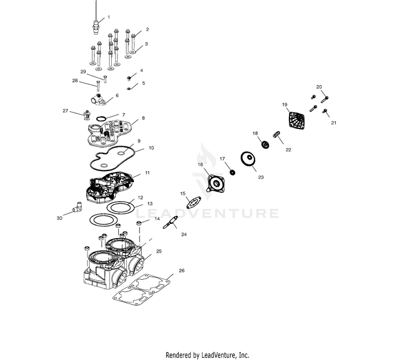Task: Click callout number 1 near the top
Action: coord(108,17)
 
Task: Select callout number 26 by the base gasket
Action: coord(181,271)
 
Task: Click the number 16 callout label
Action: coord(200,164)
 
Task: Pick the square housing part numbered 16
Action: coord(214,183)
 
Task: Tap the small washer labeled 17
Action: coord(232,172)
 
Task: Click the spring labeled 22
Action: coord(278,134)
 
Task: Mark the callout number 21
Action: coord(334,123)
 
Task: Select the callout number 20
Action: coord(319,87)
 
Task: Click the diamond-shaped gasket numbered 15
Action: coord(191,202)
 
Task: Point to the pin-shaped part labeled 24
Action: coord(170,223)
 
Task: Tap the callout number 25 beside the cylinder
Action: coord(159,251)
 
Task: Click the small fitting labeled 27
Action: coord(86,115)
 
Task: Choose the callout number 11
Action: coord(147,173)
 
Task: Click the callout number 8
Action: coord(143,118)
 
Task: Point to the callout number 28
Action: coord(75,81)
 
